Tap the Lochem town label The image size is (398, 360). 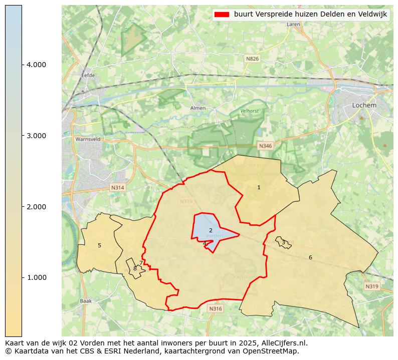(x=364, y=105)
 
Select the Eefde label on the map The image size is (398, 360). (x=88, y=76)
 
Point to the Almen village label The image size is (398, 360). (x=198, y=108)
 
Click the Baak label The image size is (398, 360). (x=86, y=301)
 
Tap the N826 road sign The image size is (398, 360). (x=252, y=59)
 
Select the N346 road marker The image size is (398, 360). (x=265, y=146)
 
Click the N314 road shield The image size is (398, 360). (x=117, y=188)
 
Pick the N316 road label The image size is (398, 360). (x=215, y=309)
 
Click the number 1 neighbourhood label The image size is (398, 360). (x=259, y=187)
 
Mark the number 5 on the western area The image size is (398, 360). (x=99, y=245)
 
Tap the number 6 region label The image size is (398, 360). (x=310, y=257)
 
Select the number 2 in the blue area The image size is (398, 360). (x=211, y=230)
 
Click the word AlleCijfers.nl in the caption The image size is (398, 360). (x=283, y=343)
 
